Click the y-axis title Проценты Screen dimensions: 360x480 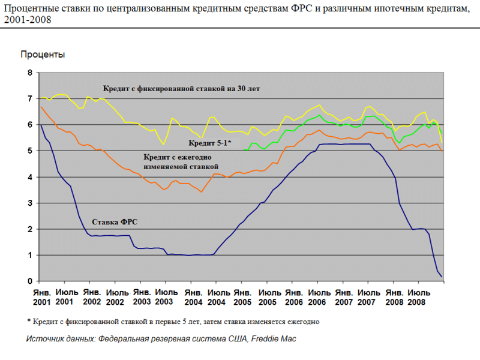tap(43, 55)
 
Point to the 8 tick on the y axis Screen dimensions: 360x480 tap(29, 73)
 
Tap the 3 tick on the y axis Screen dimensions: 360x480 tap(29, 203)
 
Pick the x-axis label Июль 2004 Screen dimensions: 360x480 tap(216, 296)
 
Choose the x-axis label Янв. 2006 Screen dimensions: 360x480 tap(293, 296)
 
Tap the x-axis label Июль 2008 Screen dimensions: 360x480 tap(419, 296)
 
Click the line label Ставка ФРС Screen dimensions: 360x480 tap(114, 221)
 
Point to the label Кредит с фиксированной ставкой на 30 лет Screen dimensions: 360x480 tap(180, 89)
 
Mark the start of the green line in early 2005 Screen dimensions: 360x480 tap(246, 150)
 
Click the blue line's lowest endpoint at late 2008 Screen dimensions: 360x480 tap(442, 277)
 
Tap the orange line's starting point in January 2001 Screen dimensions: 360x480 tap(40, 107)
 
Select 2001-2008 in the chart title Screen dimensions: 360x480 tap(28, 19)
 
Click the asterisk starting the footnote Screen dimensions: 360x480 tap(29, 321)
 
